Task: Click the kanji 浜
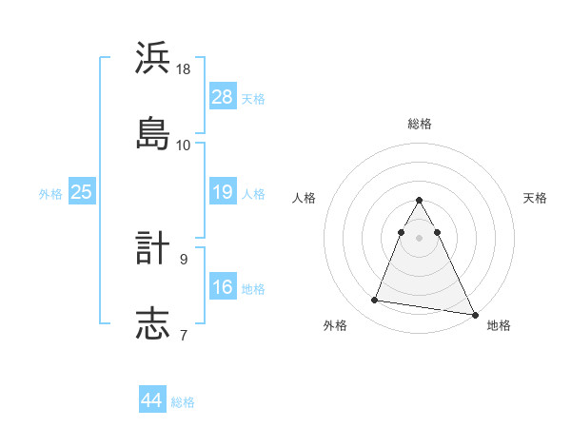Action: tap(153, 59)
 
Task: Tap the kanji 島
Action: tap(153, 133)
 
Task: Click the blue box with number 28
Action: tap(222, 96)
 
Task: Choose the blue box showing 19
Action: tap(222, 192)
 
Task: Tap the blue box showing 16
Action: tap(222, 287)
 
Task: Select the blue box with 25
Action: tap(81, 192)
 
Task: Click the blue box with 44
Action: tap(151, 400)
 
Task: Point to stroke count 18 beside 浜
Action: tap(184, 69)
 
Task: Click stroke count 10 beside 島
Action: tap(184, 145)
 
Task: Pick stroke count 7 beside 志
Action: tap(184, 334)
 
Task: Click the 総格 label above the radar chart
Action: tap(419, 124)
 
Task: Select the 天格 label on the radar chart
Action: tap(535, 198)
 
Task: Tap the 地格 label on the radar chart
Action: tap(499, 326)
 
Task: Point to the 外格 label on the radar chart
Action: tap(335, 326)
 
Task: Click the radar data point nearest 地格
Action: tap(475, 314)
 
